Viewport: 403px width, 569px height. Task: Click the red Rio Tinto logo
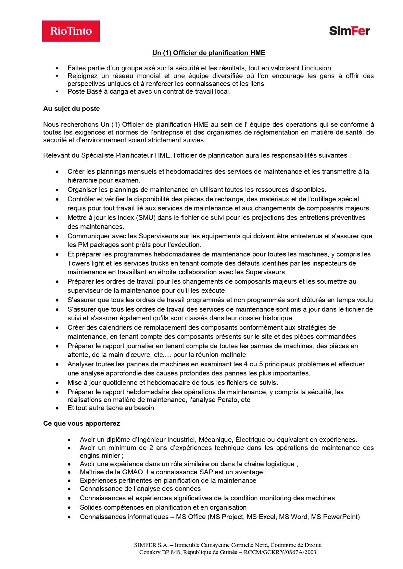(x=71, y=31)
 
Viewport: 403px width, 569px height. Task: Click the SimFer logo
(x=349, y=31)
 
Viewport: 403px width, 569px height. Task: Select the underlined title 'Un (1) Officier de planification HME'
(x=208, y=53)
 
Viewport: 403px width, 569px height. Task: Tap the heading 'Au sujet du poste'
(x=71, y=109)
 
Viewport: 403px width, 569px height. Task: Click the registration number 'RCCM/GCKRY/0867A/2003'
(x=280, y=552)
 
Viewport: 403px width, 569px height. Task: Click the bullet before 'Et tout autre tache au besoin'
(x=57, y=408)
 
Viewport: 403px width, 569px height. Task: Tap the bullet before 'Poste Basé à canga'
(x=57, y=92)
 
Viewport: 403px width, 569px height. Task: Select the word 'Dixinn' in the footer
(x=313, y=545)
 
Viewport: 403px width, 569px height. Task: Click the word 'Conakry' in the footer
(x=150, y=552)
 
